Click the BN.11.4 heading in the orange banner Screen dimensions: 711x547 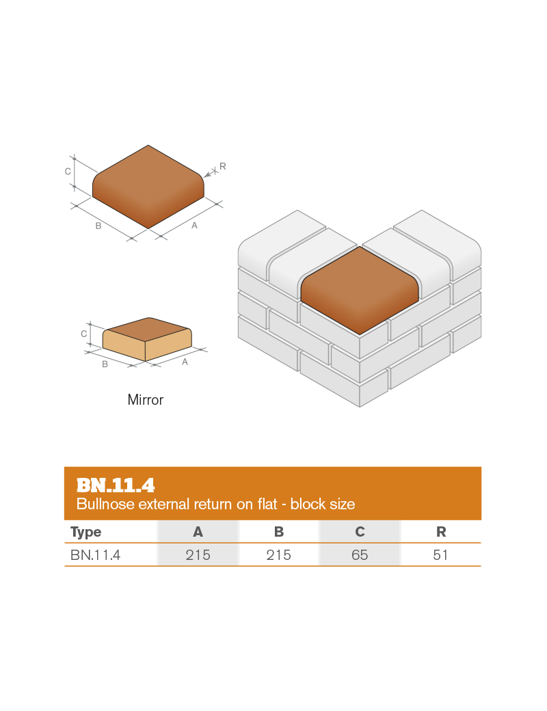tap(116, 485)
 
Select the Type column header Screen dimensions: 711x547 tap(85, 532)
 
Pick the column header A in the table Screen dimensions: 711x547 tap(198, 532)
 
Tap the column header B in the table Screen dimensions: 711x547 tap(279, 532)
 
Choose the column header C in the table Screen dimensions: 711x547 tap(360, 532)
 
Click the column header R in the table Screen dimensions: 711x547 tap(440, 532)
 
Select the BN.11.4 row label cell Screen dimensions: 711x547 tap(96, 555)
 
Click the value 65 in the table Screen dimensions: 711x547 tap(360, 555)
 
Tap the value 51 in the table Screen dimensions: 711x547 tap(440, 555)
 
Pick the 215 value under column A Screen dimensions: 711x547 tap(198, 555)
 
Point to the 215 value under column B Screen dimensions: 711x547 tap(279, 555)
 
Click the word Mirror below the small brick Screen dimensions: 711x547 tap(145, 400)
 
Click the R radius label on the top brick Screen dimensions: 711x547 tap(223, 166)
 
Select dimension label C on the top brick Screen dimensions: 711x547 tap(68, 172)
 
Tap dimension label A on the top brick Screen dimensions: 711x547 tap(194, 226)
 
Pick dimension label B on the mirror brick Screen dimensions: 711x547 tap(105, 364)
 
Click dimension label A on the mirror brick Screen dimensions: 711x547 tap(185, 362)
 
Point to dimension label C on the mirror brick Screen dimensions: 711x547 tap(83, 334)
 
